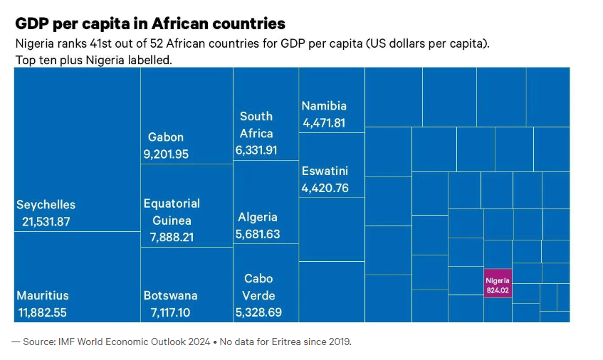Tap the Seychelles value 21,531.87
46,221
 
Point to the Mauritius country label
43,295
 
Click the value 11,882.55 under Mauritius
45,312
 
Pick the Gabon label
166,137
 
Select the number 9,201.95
166,154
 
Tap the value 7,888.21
172,237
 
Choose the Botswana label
170,295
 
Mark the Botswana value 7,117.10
170,312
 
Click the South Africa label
256,125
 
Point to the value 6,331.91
256,150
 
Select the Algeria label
258,217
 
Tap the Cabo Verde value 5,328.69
258,312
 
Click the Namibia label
324,105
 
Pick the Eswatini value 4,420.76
325,189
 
